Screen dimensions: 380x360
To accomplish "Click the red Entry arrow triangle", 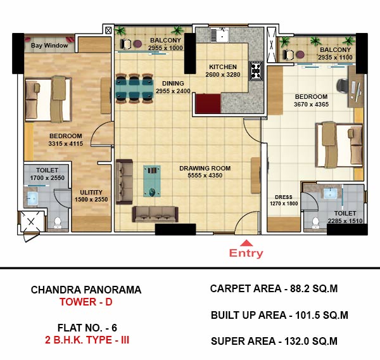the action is coord(246,243).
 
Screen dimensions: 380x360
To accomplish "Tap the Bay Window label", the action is coord(49,46).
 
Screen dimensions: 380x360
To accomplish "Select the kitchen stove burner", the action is coord(256,71).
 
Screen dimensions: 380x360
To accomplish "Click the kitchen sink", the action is coord(220,35).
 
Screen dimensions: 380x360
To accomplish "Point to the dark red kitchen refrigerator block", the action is coord(208,103).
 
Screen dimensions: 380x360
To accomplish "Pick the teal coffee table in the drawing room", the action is coord(152,181).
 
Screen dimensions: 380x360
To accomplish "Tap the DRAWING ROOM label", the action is coord(205,168).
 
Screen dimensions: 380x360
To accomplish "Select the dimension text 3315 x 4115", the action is coord(65,144).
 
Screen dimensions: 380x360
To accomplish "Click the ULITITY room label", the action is coord(91,192).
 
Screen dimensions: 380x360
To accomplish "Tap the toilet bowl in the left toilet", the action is coord(58,222).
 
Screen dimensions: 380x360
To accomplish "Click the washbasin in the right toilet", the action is coord(331,193).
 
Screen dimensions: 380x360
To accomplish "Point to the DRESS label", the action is coord(284,197).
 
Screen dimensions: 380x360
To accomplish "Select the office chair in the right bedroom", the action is coord(342,86).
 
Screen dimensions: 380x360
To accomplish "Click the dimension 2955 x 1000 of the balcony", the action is coord(165,48).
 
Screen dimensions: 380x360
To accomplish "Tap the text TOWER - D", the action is coord(86,302).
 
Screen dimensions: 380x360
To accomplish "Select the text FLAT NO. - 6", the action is coord(87,328).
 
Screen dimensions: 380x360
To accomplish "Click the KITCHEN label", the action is coord(223,67).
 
